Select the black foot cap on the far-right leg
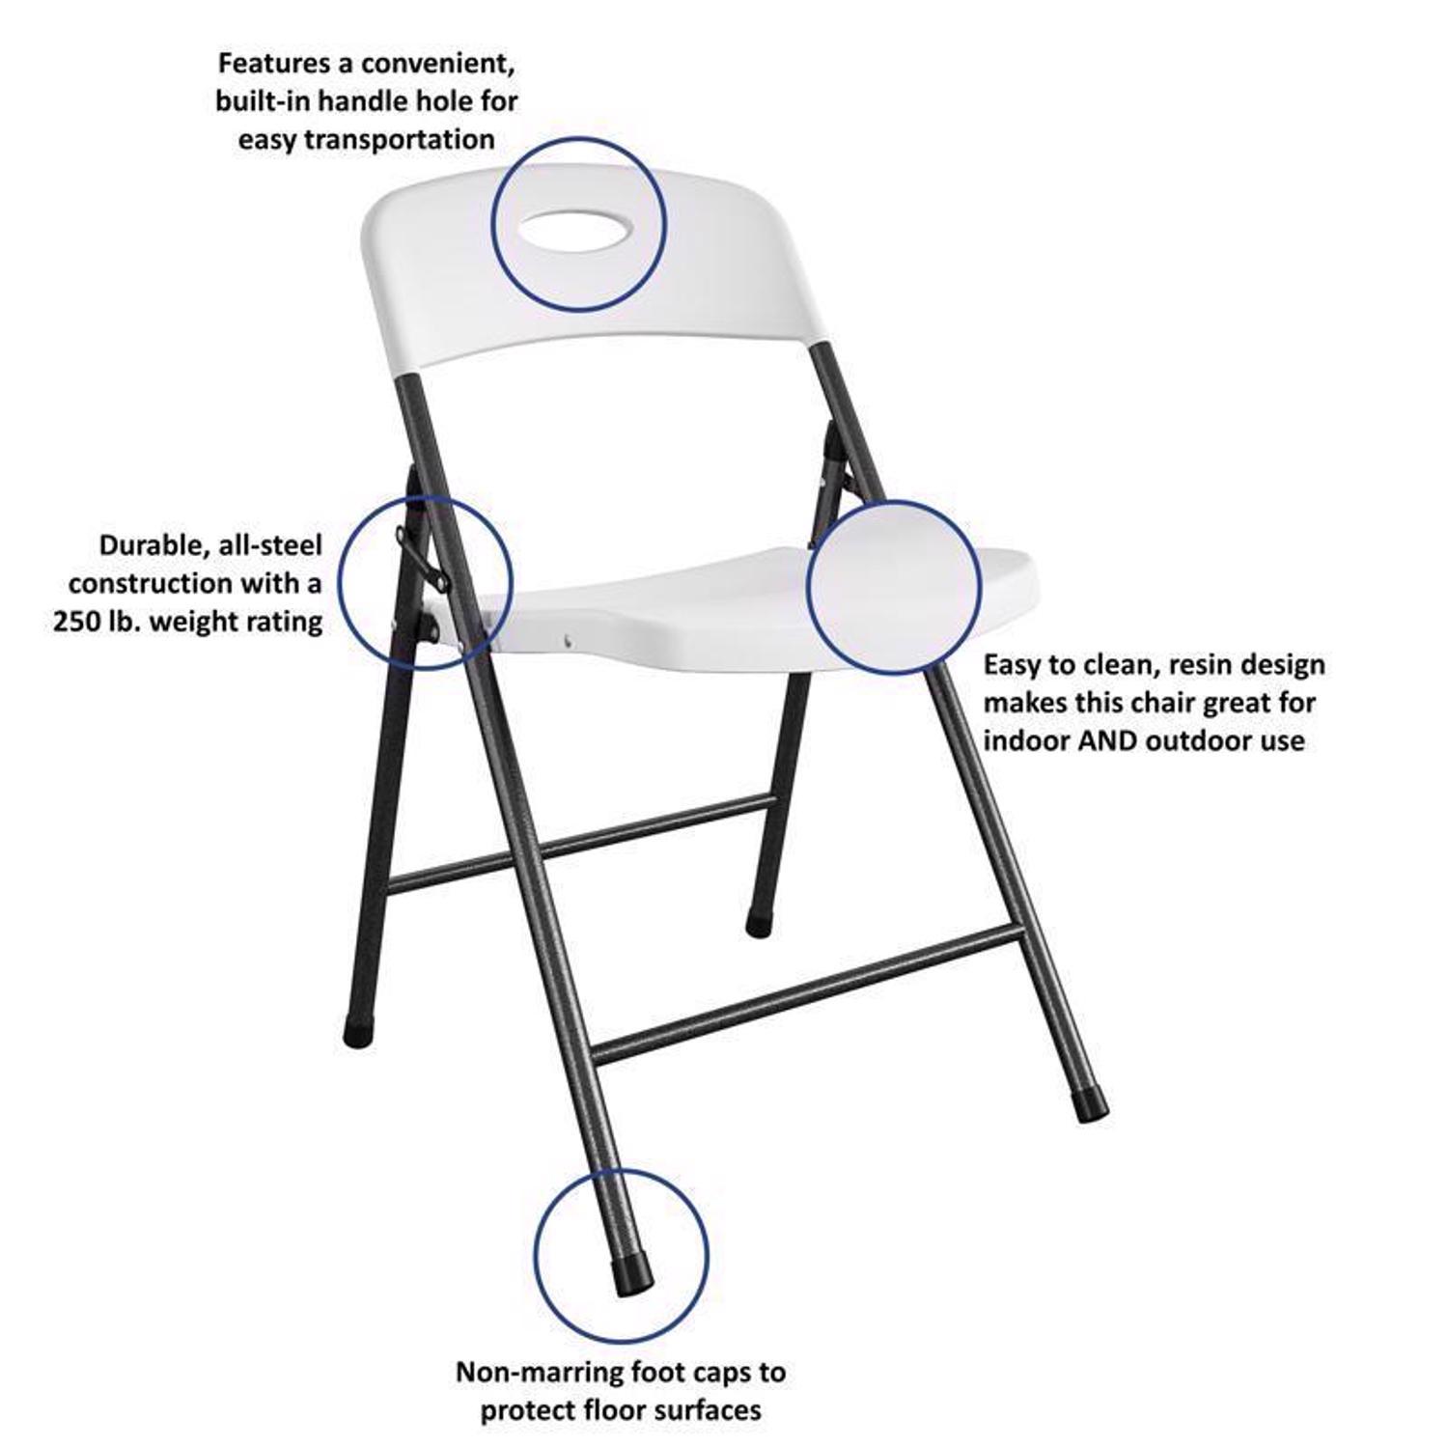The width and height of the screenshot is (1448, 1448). [1094, 1106]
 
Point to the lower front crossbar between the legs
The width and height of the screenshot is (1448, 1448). [806, 990]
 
